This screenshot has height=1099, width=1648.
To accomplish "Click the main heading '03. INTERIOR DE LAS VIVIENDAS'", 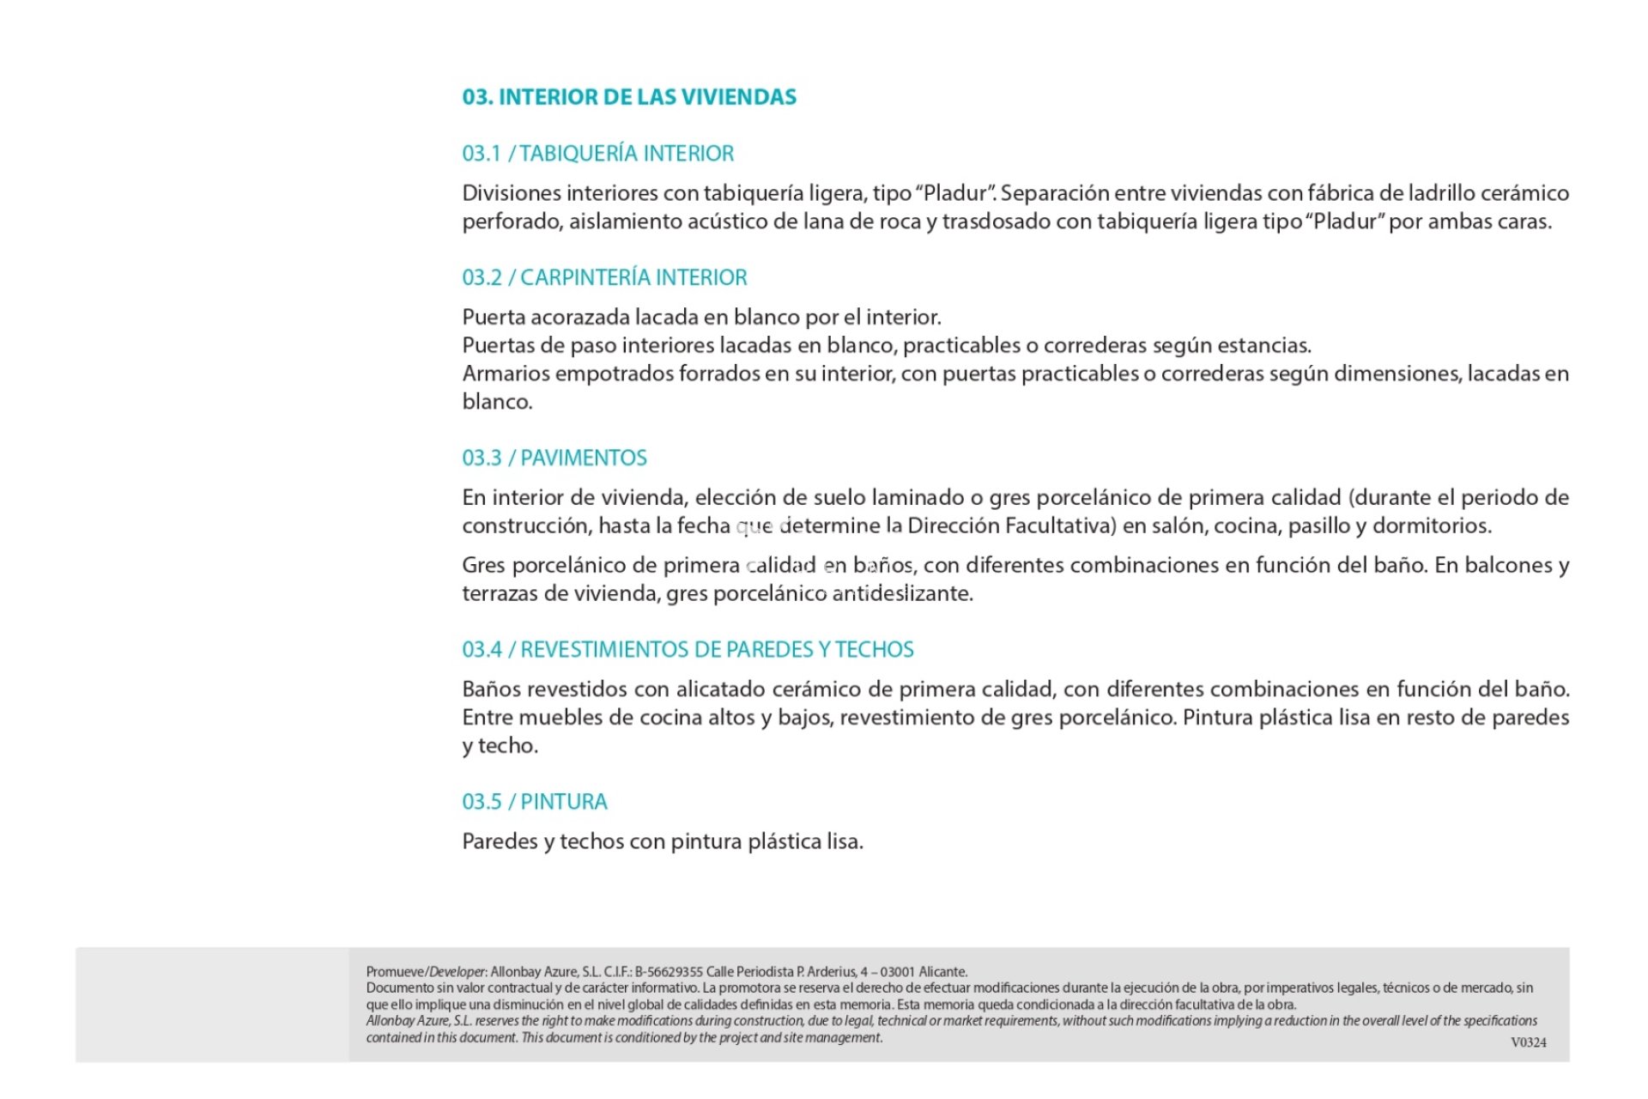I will click(629, 97).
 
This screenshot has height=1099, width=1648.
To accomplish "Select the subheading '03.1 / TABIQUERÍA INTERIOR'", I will click(598, 154).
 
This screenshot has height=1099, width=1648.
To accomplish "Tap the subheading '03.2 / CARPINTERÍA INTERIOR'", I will click(604, 277).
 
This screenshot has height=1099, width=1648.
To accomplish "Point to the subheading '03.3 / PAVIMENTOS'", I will click(554, 458).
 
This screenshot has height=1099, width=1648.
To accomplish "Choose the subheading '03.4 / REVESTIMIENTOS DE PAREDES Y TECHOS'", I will click(688, 649).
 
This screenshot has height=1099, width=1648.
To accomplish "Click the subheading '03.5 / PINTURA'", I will click(534, 801).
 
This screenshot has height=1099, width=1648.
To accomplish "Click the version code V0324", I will click(1528, 1042).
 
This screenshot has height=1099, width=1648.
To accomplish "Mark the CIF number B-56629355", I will click(669, 972).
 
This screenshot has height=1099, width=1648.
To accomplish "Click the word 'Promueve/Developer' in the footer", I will click(426, 972).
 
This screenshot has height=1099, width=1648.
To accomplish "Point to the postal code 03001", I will click(897, 972).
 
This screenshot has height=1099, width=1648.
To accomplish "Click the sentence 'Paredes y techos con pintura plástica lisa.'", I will click(663, 841).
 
